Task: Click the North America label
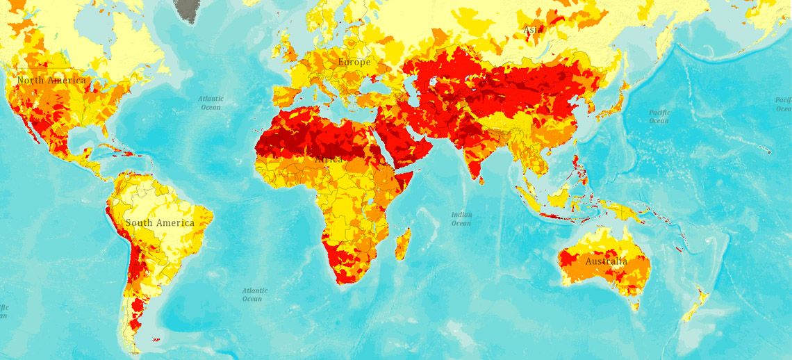point(52,81)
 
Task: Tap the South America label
point(160,223)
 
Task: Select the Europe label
point(354,63)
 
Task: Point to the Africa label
point(329,159)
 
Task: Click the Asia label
point(534,29)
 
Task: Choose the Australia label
point(606,261)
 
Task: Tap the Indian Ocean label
point(461,219)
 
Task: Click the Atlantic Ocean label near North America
point(211,103)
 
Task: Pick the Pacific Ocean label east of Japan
point(659,116)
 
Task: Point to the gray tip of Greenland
point(185,10)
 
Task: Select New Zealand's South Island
point(695,311)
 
